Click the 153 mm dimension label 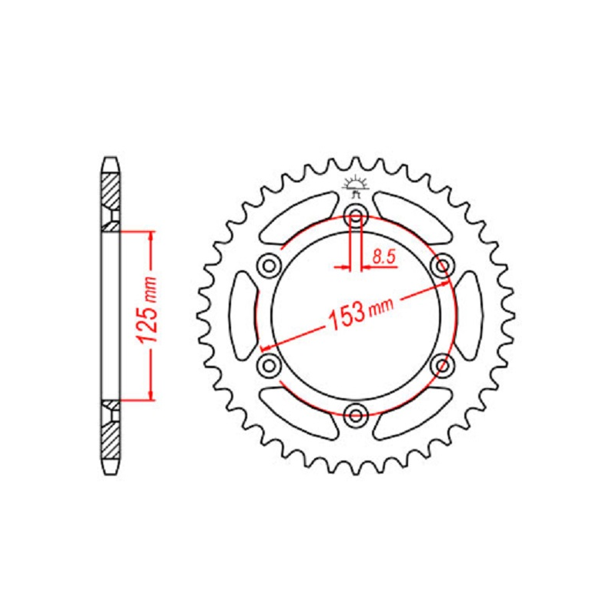(x=360, y=314)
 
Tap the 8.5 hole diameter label (x=383, y=257)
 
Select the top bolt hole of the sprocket (x=356, y=215)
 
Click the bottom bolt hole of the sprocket (x=356, y=415)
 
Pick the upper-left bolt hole (x=269, y=266)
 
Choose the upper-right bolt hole (x=443, y=266)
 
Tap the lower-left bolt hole (x=269, y=365)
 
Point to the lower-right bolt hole (x=443, y=365)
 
